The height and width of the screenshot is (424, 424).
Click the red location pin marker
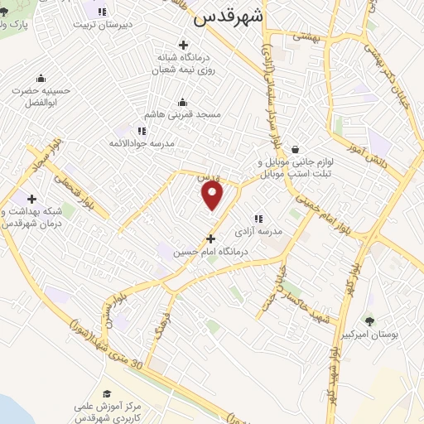coord(213,195)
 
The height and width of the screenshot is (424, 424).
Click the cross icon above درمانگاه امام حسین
coord(210,238)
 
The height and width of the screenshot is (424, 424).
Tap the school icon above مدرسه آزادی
coord(258,219)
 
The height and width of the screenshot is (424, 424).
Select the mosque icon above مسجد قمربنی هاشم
coord(182,102)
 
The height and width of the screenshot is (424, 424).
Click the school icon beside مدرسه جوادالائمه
coord(142,131)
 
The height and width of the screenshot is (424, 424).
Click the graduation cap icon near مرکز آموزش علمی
coord(106,394)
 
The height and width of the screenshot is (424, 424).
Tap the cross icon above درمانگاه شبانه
coord(183,44)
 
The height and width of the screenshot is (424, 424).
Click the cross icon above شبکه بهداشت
coord(31,200)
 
